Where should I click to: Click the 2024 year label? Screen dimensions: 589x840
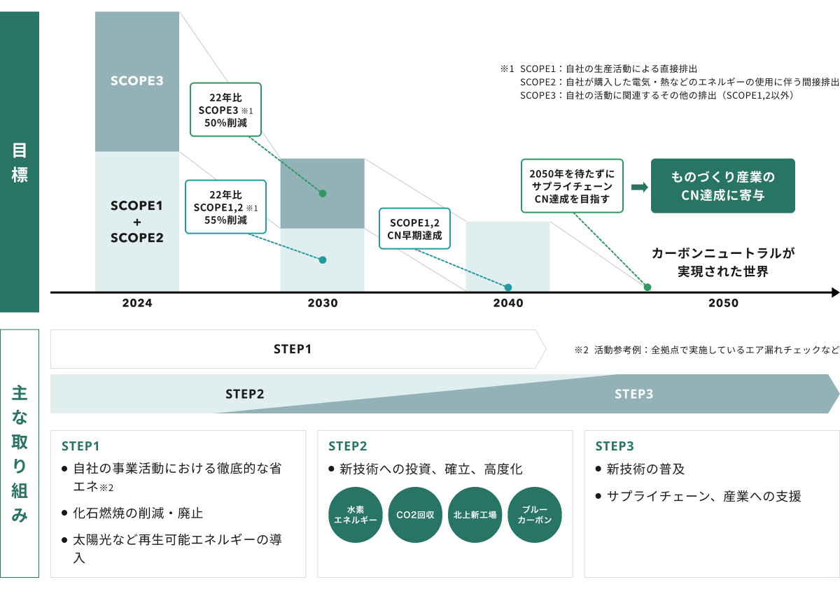tap(136, 304)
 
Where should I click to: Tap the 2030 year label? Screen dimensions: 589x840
tap(322, 304)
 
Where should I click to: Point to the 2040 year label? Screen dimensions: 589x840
tap(507, 304)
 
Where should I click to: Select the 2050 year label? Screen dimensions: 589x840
tap(723, 304)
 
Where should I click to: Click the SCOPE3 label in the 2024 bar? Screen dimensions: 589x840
tap(136, 80)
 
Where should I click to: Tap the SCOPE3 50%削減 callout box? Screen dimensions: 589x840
tap(225, 109)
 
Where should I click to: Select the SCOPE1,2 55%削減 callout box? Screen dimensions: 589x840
tap(225, 206)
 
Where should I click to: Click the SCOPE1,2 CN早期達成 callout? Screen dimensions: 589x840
tap(414, 228)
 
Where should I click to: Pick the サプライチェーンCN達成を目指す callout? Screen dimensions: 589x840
tap(572, 185)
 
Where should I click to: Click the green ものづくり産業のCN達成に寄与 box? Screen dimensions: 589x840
tap(722, 185)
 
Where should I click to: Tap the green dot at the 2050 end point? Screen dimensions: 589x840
tap(647, 287)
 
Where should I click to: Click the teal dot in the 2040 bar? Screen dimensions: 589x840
tap(508, 287)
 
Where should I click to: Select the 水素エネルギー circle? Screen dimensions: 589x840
tap(355, 514)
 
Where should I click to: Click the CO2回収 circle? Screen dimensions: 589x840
tap(415, 514)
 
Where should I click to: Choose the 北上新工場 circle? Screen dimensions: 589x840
tap(475, 514)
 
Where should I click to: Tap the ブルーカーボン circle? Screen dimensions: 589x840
tap(534, 514)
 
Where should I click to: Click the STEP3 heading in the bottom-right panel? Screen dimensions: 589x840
tap(614, 446)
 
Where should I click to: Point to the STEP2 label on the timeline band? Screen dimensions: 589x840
tap(244, 394)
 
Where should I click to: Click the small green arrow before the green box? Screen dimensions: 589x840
tap(638, 187)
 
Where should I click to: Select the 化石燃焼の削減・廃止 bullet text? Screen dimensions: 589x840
tap(138, 513)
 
